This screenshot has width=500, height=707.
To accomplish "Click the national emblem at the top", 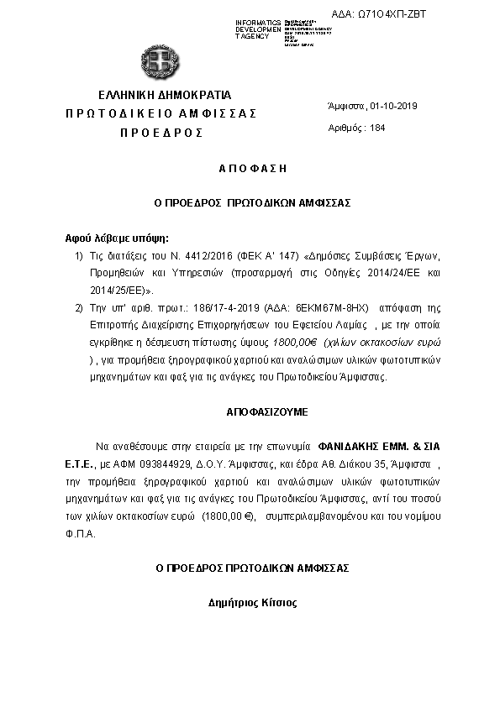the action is click(x=158, y=60).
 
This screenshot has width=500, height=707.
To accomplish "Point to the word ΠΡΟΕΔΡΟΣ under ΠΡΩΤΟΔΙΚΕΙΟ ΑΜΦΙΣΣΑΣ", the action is click(x=161, y=133).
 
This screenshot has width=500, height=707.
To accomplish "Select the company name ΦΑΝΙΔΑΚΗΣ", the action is click(x=350, y=448).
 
